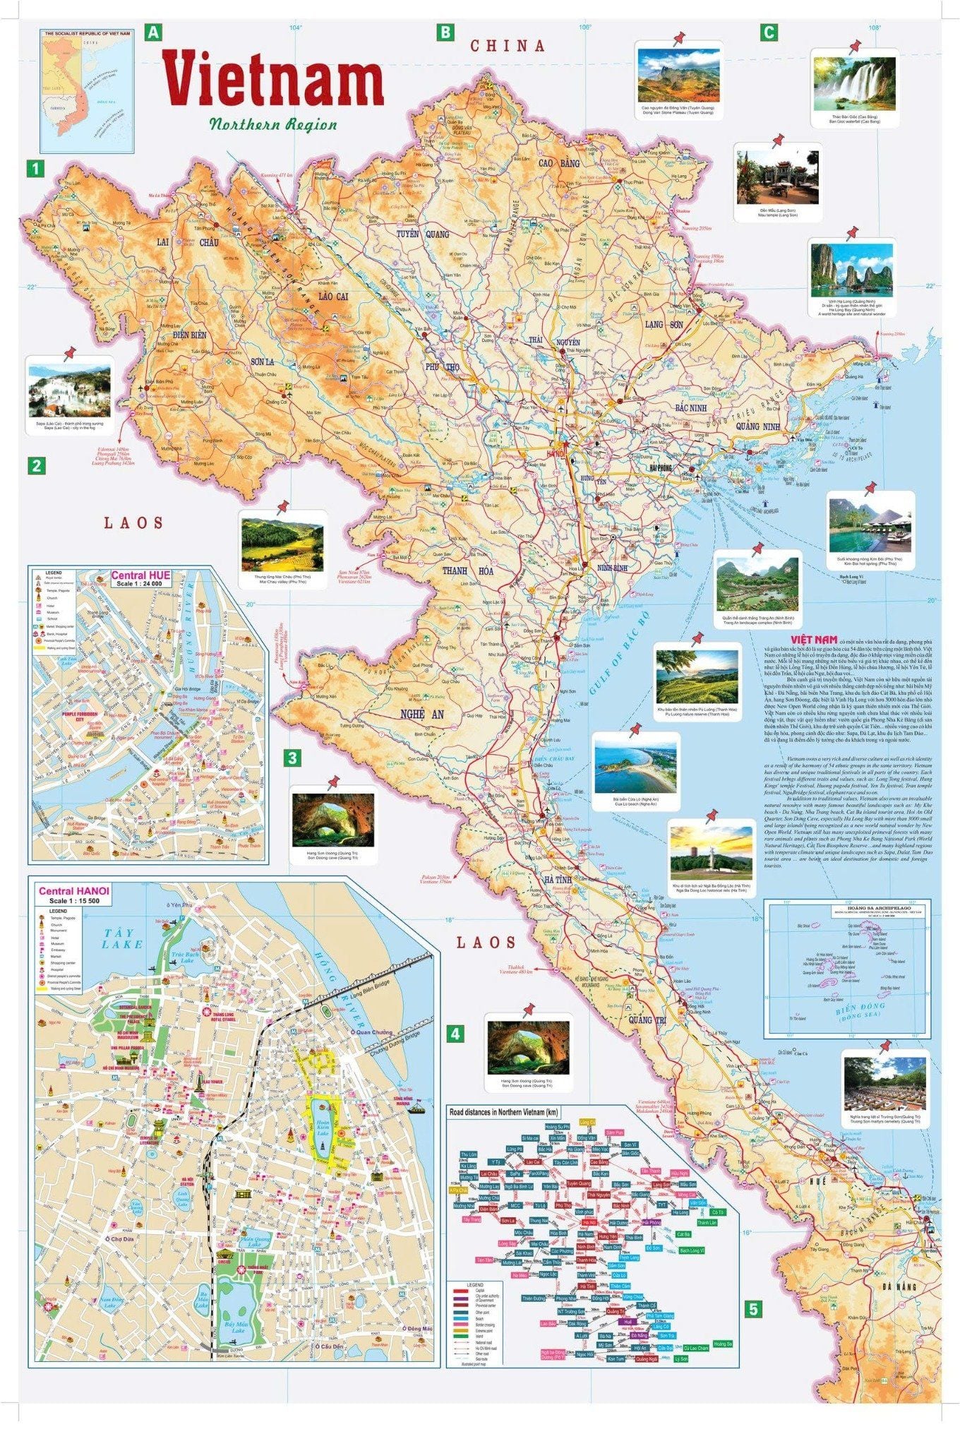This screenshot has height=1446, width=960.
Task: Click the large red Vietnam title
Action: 272,79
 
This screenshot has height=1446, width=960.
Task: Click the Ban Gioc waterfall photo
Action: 854,80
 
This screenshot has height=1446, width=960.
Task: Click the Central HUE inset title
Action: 140,575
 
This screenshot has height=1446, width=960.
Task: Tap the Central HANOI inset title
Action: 73,891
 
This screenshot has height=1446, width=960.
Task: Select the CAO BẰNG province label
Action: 559,163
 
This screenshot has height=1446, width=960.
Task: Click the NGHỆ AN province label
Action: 421,715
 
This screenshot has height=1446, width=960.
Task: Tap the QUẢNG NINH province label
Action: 757,426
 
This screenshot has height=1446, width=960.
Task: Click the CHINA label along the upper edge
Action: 508,46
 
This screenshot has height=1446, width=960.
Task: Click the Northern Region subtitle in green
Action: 272,124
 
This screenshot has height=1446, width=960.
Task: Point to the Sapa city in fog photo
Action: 69,391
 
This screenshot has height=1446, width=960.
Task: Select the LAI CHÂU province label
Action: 187,242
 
